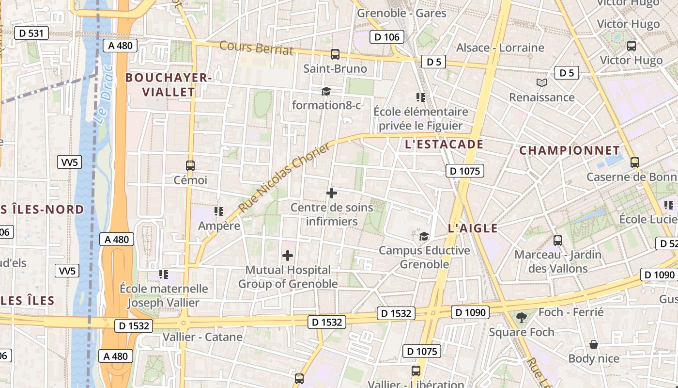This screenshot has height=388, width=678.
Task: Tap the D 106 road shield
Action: (x=387, y=37)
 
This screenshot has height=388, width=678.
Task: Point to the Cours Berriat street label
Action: (x=257, y=48)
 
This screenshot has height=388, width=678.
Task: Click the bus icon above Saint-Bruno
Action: (x=335, y=54)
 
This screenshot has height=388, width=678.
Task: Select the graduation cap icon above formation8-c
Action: (x=326, y=91)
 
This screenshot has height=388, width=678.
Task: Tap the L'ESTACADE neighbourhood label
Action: (x=444, y=145)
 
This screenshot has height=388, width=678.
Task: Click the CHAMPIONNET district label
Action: (x=570, y=151)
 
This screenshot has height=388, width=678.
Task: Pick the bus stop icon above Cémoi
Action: (x=190, y=165)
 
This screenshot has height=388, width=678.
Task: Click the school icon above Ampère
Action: (x=219, y=211)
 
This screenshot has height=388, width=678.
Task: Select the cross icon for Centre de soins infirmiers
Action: (x=332, y=193)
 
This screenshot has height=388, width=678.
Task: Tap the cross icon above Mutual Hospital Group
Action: (x=288, y=256)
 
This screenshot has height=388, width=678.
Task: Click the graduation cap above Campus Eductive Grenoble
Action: (x=424, y=236)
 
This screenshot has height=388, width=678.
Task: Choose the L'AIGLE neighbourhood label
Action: (x=473, y=228)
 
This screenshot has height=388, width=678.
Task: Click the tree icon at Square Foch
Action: (x=522, y=318)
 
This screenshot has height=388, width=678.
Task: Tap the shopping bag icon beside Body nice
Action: (x=594, y=345)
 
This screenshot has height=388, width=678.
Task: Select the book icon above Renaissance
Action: (x=542, y=83)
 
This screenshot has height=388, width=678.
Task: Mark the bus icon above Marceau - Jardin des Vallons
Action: (x=558, y=240)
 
